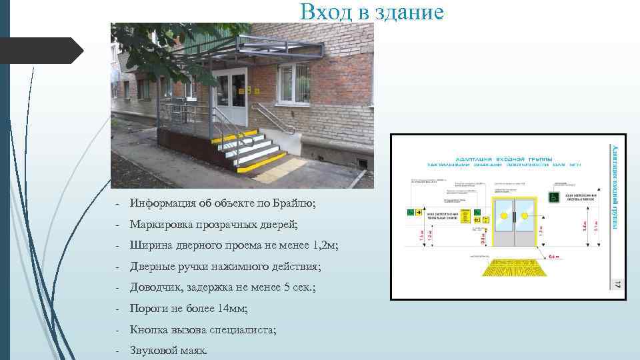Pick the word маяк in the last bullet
pos(192,350)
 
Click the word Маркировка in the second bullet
pos(160,224)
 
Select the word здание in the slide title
pos(409,11)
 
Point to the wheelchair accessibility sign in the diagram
pos(553,197)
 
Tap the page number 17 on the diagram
pos(617,284)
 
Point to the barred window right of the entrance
pos(295,83)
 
